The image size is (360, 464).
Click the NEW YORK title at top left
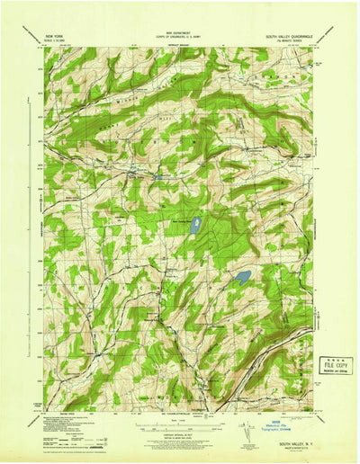54,38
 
